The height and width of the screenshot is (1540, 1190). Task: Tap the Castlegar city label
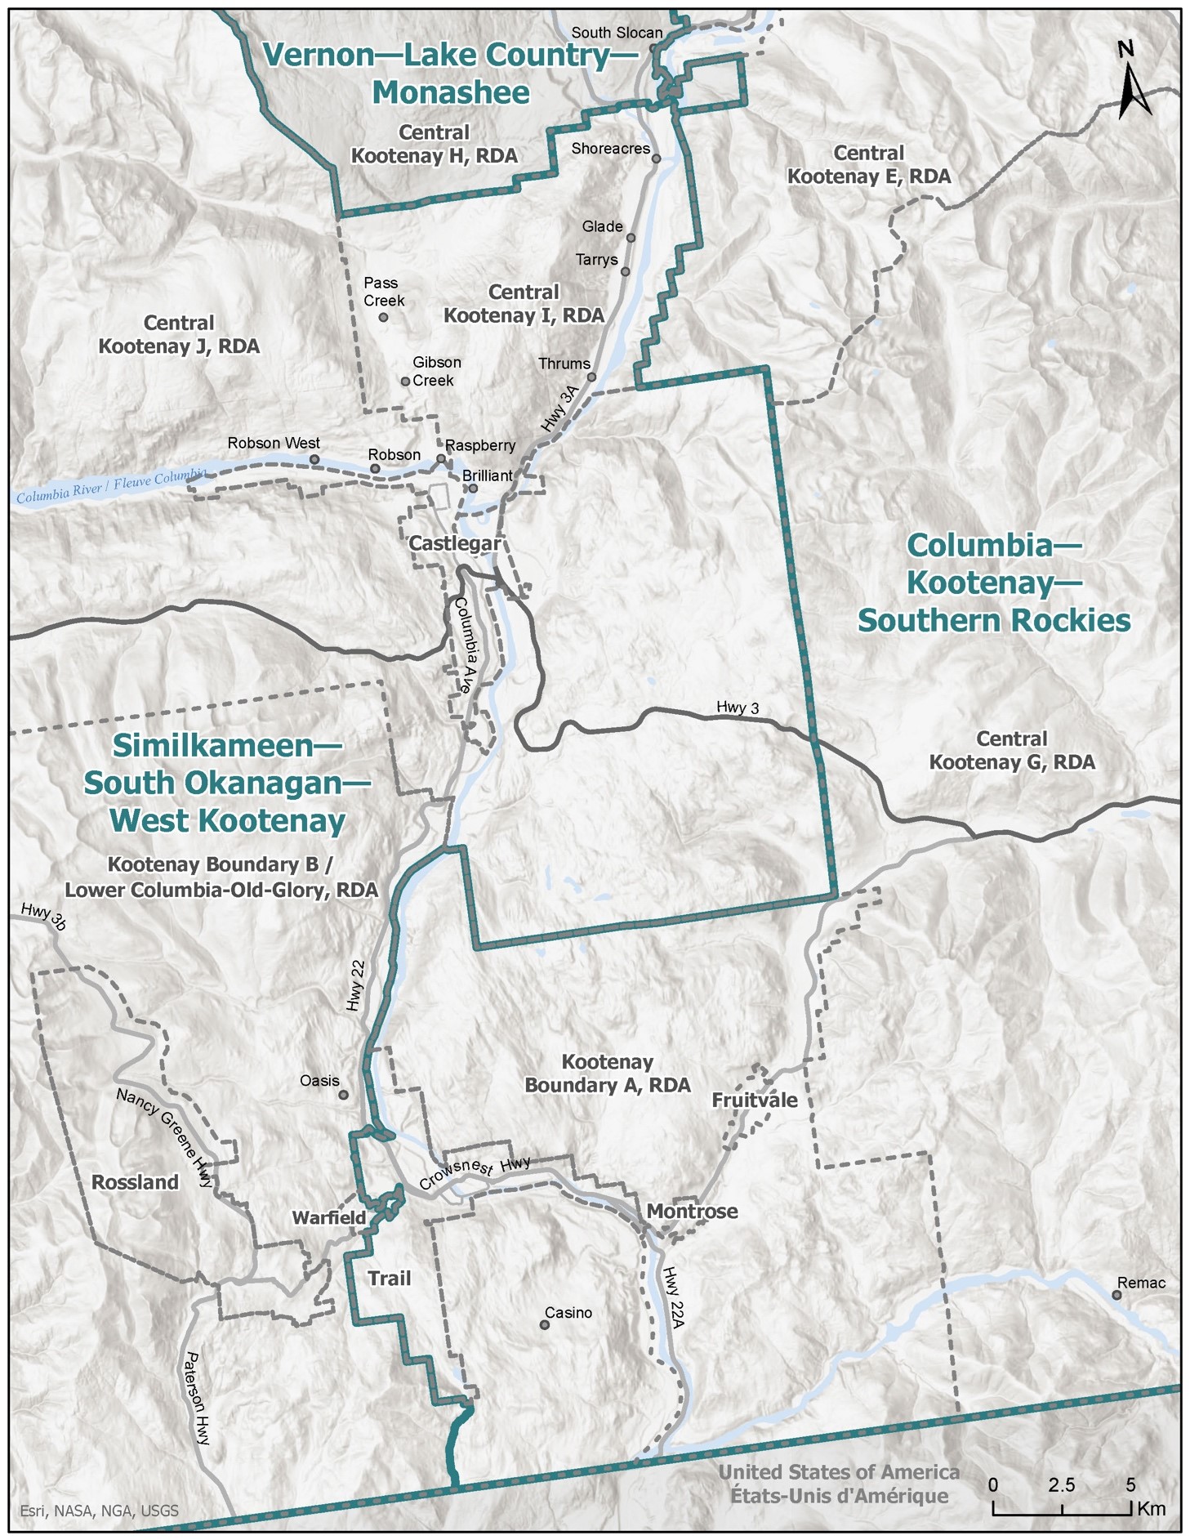click(454, 543)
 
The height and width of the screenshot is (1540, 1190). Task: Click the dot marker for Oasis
click(344, 1095)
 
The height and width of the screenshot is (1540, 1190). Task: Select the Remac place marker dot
click(1116, 1295)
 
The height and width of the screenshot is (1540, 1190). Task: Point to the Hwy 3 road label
click(738, 708)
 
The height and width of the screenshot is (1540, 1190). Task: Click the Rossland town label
click(135, 1182)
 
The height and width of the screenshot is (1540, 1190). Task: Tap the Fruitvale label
click(755, 1100)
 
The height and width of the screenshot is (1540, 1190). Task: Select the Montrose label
click(692, 1211)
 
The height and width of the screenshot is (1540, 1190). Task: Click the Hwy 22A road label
click(673, 1297)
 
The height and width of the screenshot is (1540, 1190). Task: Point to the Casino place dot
click(545, 1324)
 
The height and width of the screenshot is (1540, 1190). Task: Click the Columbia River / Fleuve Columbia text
click(111, 485)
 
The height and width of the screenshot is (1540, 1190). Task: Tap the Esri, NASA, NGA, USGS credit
click(99, 1511)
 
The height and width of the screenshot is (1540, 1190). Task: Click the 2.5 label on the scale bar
click(1061, 1484)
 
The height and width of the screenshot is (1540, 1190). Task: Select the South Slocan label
click(617, 33)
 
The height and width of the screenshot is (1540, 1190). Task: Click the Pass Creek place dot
click(383, 317)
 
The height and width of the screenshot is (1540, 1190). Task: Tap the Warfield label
click(329, 1217)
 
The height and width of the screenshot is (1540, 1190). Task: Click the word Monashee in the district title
click(451, 92)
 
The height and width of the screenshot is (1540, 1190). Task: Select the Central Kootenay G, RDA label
click(1011, 750)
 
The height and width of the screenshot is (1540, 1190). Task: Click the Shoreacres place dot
click(656, 158)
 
